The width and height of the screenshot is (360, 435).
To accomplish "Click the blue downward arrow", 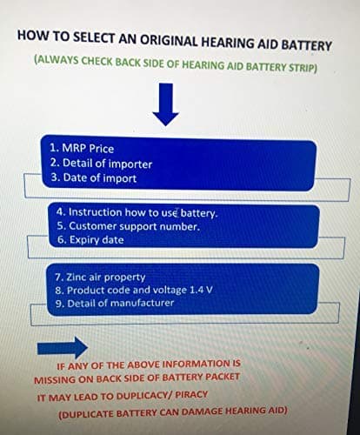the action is tap(165, 104).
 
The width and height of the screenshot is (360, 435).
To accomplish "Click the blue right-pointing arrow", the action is tap(63, 348).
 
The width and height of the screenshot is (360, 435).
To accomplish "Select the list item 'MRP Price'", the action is tap(82, 148).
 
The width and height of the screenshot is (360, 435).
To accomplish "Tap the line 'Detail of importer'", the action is tap(101, 164).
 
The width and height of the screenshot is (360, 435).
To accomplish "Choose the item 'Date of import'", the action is tap(94, 177).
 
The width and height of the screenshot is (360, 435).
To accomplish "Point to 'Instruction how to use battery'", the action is tap(137, 212).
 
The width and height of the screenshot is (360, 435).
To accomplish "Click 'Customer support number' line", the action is tap(129, 226).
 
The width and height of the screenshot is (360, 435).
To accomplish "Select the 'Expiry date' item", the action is tap(90, 240).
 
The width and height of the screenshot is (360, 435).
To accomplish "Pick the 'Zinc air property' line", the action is tap(100, 278).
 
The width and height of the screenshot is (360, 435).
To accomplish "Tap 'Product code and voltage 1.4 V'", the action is tap(134, 290).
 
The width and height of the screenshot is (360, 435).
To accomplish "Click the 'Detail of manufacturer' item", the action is tap(115, 303).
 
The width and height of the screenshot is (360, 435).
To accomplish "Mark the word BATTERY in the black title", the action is tap(307, 45).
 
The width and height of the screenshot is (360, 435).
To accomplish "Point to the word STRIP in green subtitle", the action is tap(303, 68).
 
